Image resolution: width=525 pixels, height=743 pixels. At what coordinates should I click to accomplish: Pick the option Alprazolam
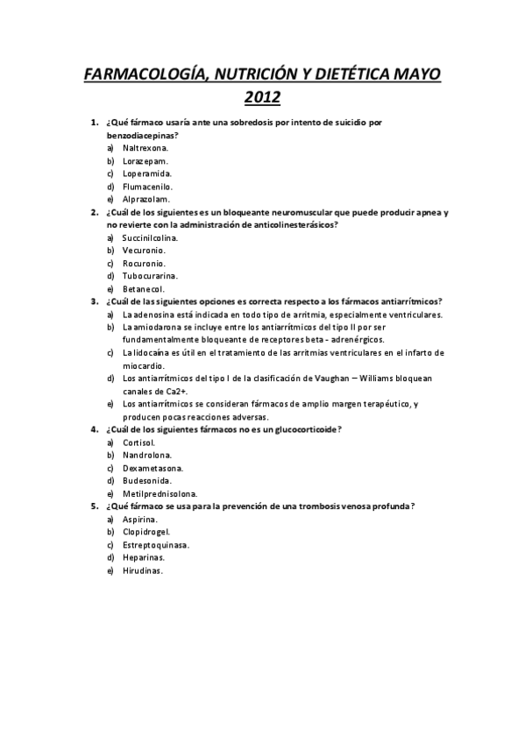145,199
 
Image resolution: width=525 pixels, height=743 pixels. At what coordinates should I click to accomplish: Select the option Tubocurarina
150,275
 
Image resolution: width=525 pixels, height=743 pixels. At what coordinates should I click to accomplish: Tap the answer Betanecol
144,288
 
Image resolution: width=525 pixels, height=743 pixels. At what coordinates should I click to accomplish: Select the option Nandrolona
147,455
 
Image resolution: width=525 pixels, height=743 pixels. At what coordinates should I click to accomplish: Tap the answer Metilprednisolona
160,493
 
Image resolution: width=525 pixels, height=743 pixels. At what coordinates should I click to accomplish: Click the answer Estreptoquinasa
156,545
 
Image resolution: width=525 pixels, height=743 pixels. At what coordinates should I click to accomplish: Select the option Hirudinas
143,570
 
